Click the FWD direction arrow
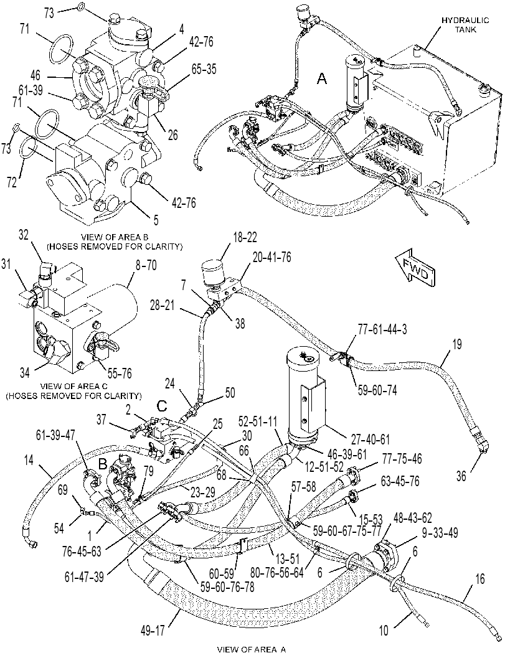(x=415, y=269)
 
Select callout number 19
(x=456, y=344)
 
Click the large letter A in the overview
(x=321, y=78)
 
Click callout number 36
(x=461, y=477)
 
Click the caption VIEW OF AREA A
(x=252, y=650)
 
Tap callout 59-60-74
(x=377, y=390)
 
